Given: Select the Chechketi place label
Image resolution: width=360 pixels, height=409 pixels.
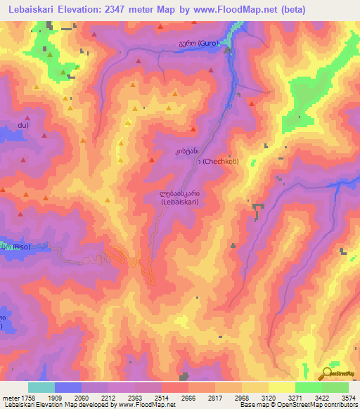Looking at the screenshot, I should point(219,162).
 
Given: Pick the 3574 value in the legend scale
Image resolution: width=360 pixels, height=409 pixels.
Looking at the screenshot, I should point(347,397).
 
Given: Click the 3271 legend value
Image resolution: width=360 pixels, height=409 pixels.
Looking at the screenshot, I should point(309,397).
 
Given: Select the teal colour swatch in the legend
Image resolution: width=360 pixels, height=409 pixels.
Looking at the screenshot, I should point(41,387).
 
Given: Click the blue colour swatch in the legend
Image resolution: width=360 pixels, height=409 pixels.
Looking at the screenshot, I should point(68,387).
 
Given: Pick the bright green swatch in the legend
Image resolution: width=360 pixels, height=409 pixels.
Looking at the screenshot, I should point(308,387).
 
